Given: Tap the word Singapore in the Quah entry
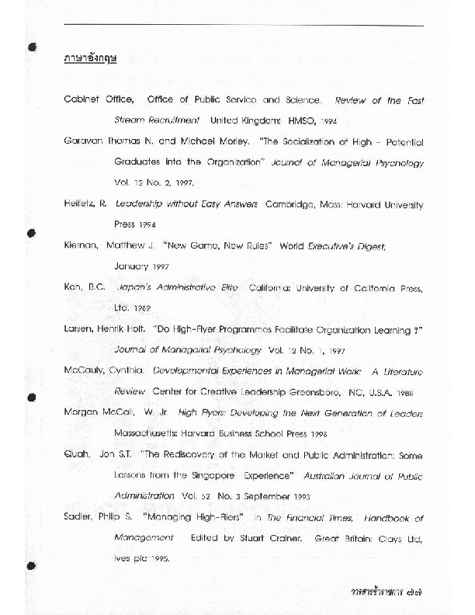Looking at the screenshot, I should coord(231,474).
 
